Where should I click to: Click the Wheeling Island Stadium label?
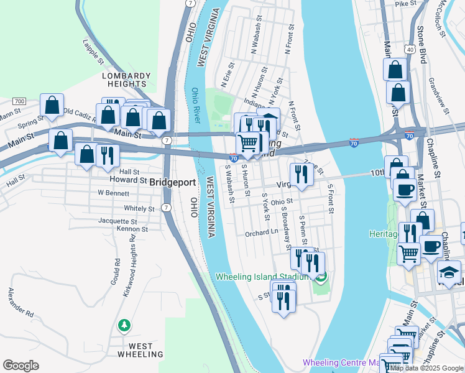262,277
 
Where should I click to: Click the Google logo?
21,366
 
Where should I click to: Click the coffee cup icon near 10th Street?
405,189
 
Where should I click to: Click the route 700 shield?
19,101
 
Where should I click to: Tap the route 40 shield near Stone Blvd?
409,48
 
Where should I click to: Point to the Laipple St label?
93,52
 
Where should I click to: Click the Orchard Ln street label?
260,233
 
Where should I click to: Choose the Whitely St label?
139,209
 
